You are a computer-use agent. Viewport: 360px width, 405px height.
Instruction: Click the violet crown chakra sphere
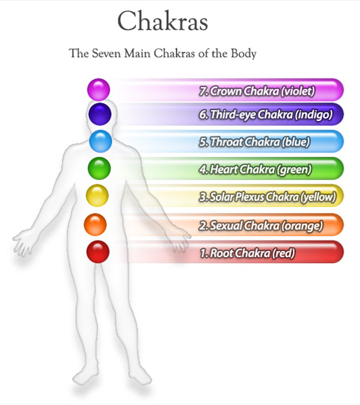click(x=99, y=90)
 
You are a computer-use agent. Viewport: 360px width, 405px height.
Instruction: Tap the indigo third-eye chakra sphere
click(x=100, y=114)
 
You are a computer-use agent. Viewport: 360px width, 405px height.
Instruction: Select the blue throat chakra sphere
click(x=101, y=141)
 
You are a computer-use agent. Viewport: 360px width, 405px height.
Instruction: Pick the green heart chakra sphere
click(x=99, y=168)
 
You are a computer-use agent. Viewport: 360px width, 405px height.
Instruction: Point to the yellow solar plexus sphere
click(x=97, y=196)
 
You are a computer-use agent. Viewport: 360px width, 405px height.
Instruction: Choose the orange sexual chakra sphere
click(x=95, y=224)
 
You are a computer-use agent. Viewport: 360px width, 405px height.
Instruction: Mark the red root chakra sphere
click(x=98, y=252)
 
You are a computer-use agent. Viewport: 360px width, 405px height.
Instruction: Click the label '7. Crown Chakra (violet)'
click(x=257, y=91)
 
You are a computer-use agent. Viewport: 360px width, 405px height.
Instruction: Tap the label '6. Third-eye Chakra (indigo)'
click(x=266, y=114)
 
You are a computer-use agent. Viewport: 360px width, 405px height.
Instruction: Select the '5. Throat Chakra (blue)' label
click(x=255, y=142)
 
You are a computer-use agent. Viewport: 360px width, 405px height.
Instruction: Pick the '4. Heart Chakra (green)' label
click(x=255, y=170)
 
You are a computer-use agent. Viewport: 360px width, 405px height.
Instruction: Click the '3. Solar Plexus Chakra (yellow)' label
click(x=267, y=197)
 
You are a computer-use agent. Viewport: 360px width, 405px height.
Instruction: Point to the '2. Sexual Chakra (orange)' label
click(x=261, y=226)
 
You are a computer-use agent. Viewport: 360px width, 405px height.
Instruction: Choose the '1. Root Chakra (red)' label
click(x=247, y=253)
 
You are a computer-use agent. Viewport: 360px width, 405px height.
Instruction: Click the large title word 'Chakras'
click(x=163, y=22)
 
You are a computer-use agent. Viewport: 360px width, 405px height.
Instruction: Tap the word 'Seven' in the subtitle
click(x=106, y=54)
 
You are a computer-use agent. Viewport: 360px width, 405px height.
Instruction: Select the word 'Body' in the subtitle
click(x=243, y=54)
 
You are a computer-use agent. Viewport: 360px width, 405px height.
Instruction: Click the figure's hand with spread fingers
click(x=23, y=242)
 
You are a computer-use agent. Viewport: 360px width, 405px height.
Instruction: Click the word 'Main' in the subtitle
click(x=137, y=54)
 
